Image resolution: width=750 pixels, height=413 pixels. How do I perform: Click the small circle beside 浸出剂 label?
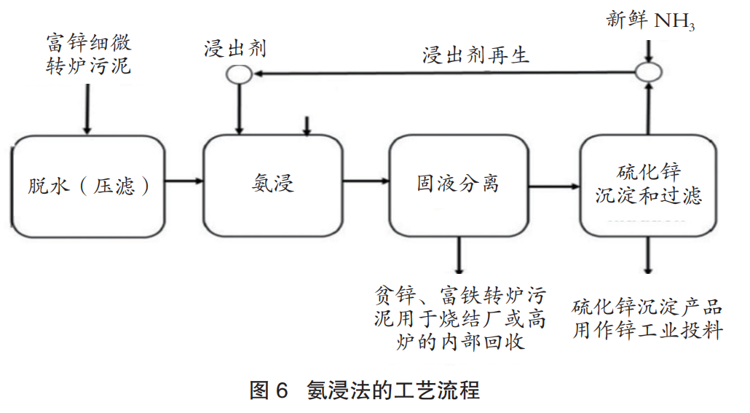(x=240, y=74)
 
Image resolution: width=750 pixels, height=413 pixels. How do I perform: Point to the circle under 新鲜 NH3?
(x=648, y=71)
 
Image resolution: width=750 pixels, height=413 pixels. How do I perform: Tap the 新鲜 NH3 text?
(x=650, y=20)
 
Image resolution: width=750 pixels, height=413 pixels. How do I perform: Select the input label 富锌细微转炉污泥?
(x=88, y=54)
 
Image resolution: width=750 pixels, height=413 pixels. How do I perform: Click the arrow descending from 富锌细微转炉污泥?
(x=88, y=109)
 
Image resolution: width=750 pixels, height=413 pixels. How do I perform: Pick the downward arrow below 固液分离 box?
(x=458, y=256)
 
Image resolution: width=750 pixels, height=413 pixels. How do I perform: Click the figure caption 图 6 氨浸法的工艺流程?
(x=364, y=390)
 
